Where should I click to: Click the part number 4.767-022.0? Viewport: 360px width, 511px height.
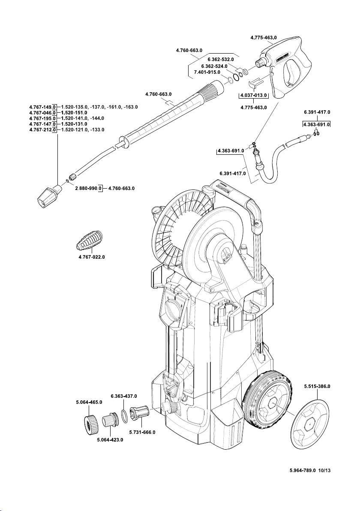pyautogui.click(x=92, y=257)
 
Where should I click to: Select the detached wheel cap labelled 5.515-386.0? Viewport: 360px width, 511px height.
pyautogui.click(x=311, y=424)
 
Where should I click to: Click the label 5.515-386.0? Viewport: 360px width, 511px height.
pyautogui.click(x=317, y=386)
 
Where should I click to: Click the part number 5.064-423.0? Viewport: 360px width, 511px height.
pyautogui.click(x=110, y=440)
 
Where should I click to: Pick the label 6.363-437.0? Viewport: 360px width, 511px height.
pyautogui.click(x=124, y=396)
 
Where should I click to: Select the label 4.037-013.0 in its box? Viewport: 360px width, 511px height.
pyautogui.click(x=254, y=95)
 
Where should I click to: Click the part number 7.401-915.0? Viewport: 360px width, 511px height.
pyautogui.click(x=207, y=72)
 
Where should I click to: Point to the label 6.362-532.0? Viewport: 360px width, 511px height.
pyautogui.click(x=221, y=59)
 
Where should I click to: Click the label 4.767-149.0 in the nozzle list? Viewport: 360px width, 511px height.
pyautogui.click(x=43, y=106)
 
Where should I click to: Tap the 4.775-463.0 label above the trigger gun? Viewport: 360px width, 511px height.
pyautogui.click(x=264, y=38)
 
